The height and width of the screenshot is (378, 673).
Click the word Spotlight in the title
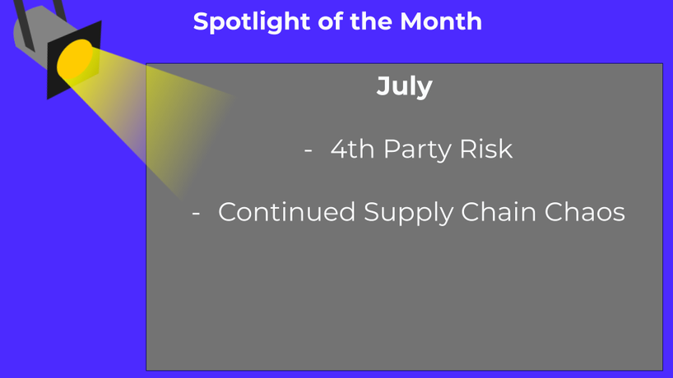(252, 22)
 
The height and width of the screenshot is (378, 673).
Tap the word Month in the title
(441, 21)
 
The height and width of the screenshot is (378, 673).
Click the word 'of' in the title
(330, 21)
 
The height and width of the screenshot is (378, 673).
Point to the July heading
(404, 87)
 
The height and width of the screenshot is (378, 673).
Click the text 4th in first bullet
(352, 149)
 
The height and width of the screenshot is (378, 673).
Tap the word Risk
(486, 149)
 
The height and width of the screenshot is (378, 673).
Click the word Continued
(286, 212)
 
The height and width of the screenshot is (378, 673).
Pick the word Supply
(408, 213)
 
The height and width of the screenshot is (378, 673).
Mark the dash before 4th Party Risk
(308, 150)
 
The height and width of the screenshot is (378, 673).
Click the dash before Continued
(196, 213)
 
